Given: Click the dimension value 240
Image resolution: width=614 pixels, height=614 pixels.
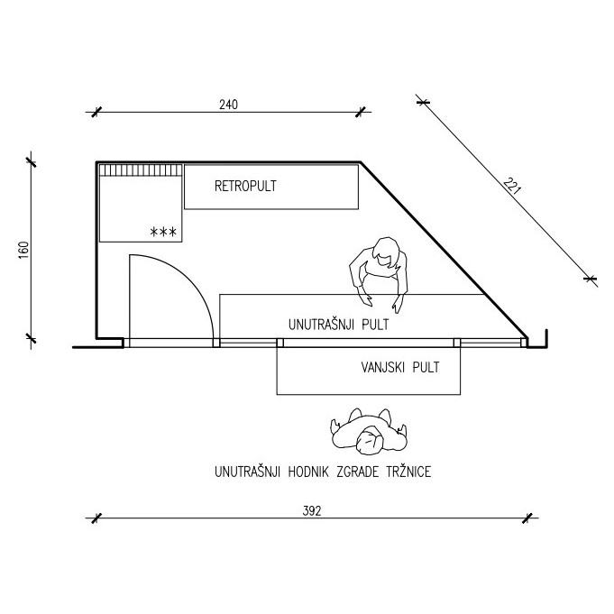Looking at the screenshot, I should pyautogui.click(x=228, y=105).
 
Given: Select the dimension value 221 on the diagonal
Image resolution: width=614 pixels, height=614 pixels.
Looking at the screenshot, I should pyautogui.click(x=512, y=188).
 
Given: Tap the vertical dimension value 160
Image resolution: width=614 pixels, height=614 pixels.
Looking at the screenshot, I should pyautogui.click(x=23, y=250).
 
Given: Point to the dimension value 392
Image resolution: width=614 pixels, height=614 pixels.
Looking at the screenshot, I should pyautogui.click(x=311, y=509).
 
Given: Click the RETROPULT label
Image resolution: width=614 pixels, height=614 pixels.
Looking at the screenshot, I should pyautogui.click(x=245, y=187).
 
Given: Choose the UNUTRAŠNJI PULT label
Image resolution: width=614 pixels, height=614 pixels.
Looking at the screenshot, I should pyautogui.click(x=338, y=323).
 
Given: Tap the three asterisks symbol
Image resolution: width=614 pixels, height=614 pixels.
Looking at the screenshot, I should pyautogui.click(x=163, y=233).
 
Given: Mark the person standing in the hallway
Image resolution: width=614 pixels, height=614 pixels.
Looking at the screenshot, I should pyautogui.click(x=368, y=432).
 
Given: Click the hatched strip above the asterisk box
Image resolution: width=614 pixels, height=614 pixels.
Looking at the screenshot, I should pyautogui.click(x=141, y=170).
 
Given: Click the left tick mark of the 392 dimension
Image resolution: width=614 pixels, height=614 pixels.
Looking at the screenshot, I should pyautogui.click(x=93, y=518).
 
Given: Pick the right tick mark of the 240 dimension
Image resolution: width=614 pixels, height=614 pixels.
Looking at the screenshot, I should pyautogui.click(x=362, y=113).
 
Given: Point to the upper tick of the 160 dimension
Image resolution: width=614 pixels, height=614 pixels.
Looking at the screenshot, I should pyautogui.click(x=32, y=162).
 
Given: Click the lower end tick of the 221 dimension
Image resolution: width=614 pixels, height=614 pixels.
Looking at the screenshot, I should pyautogui.click(x=591, y=280).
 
